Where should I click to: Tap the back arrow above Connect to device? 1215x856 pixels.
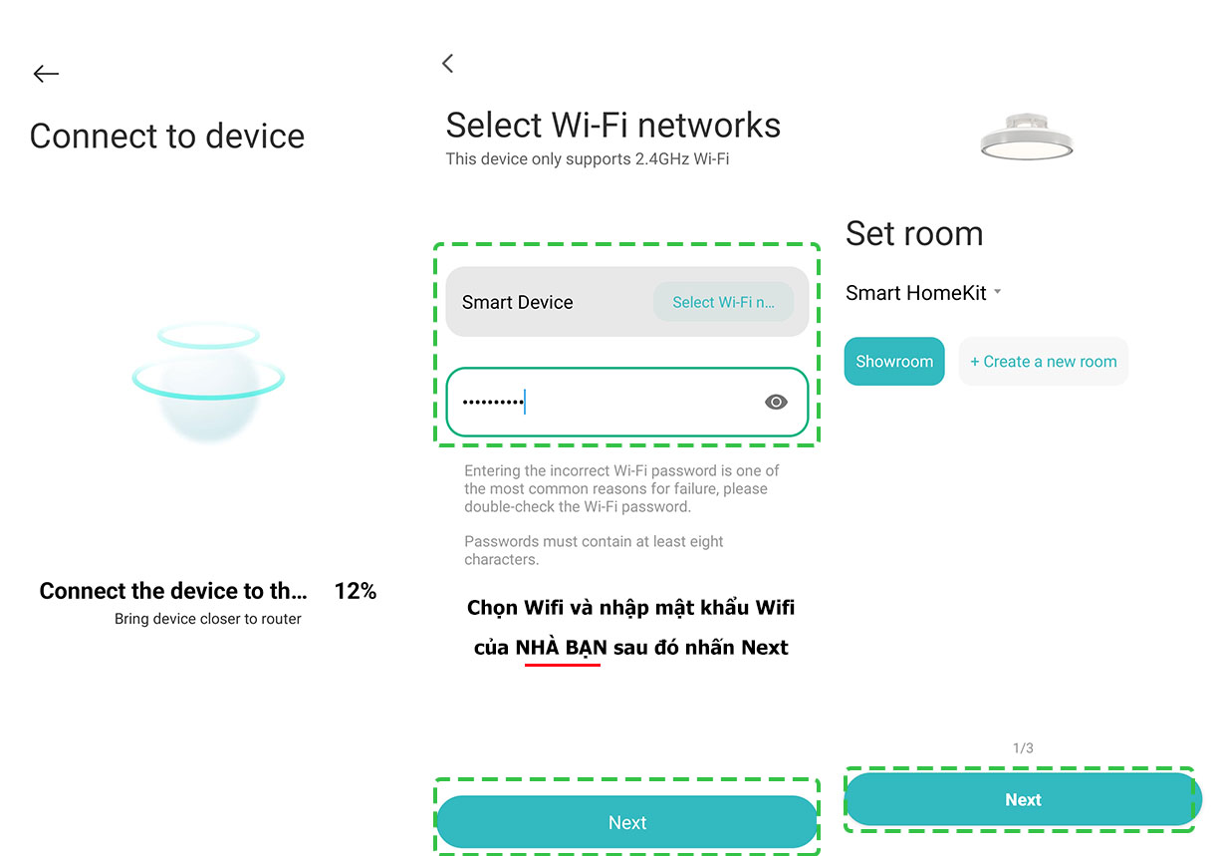[x=46, y=74]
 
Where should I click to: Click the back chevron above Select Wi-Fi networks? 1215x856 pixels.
[x=447, y=64]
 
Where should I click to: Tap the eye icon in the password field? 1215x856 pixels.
[x=776, y=402]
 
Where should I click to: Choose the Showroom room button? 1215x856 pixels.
[x=894, y=361]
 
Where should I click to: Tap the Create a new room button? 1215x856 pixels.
[x=1043, y=361]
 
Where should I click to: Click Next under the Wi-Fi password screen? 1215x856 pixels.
[x=627, y=822]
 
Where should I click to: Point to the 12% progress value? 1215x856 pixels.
[x=356, y=591]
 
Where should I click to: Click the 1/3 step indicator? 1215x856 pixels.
[x=1023, y=748]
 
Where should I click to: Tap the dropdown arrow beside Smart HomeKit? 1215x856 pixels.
[x=997, y=292]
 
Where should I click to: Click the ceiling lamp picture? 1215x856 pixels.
[x=1026, y=137]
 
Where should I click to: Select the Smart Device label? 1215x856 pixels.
[x=517, y=302]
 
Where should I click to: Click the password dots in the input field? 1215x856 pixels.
[x=493, y=403]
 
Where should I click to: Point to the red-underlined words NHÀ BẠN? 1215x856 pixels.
[x=561, y=648]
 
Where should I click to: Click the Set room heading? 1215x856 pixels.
[x=914, y=234]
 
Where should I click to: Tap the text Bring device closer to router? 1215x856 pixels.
[x=208, y=619]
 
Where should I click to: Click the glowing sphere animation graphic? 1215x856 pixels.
[x=208, y=383]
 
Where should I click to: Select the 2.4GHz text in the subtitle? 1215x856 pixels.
[x=662, y=159]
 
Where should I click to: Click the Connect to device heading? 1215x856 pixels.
[x=167, y=136]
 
